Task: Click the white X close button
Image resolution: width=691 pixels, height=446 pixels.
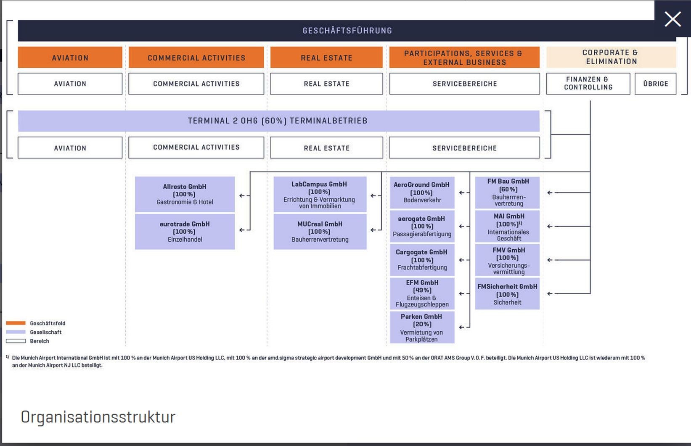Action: click(672, 19)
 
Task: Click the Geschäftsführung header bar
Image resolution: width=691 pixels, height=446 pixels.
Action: click(347, 31)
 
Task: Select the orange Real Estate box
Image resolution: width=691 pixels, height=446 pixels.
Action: click(326, 58)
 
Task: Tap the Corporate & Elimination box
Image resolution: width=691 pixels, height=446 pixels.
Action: click(611, 57)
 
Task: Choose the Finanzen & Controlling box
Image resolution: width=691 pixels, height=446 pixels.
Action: click(588, 83)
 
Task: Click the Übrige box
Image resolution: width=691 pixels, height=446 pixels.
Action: click(655, 84)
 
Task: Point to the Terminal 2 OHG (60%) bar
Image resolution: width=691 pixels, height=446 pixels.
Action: click(278, 121)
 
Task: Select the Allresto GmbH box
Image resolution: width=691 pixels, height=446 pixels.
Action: click(185, 194)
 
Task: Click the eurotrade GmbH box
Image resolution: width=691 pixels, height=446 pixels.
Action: click(185, 232)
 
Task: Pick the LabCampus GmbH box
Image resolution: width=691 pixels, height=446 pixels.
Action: click(320, 195)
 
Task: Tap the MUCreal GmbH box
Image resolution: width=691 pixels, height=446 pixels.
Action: click(320, 232)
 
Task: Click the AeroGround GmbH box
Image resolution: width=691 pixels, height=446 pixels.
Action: click(422, 193)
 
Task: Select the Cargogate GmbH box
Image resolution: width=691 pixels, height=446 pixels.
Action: click(422, 260)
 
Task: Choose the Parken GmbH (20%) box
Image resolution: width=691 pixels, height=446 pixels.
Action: click(422, 327)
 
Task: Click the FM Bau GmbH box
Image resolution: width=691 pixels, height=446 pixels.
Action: click(508, 193)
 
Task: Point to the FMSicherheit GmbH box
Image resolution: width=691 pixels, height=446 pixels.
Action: click(507, 294)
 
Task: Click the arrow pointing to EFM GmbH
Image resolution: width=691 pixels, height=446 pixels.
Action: click(462, 293)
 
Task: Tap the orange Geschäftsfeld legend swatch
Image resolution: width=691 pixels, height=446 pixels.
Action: click(16, 323)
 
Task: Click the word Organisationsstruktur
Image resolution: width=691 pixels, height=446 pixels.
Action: click(98, 417)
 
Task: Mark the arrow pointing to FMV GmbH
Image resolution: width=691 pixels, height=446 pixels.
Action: click(550, 260)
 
